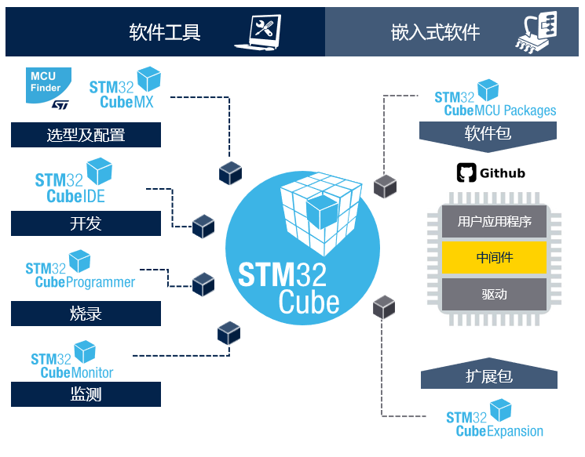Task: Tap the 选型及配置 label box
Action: pyautogui.click(x=86, y=136)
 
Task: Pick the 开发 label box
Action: pyautogui.click(x=86, y=224)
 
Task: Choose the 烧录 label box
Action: pyautogui.click(x=86, y=314)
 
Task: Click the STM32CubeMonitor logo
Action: pyautogui.click(x=72, y=361)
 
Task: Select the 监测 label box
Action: pyautogui.click(x=86, y=394)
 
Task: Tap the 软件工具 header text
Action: pyautogui.click(x=165, y=32)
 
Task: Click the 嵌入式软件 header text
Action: pyautogui.click(x=435, y=32)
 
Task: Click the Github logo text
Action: pyautogui.click(x=491, y=172)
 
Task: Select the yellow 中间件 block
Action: pyautogui.click(x=494, y=258)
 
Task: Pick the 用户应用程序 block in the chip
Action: pyautogui.click(x=494, y=221)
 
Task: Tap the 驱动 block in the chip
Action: pyautogui.click(x=494, y=295)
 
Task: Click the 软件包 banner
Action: pyautogui.click(x=488, y=134)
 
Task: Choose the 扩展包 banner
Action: pyautogui.click(x=488, y=377)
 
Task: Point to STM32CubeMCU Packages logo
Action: pyautogui.click(x=495, y=100)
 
